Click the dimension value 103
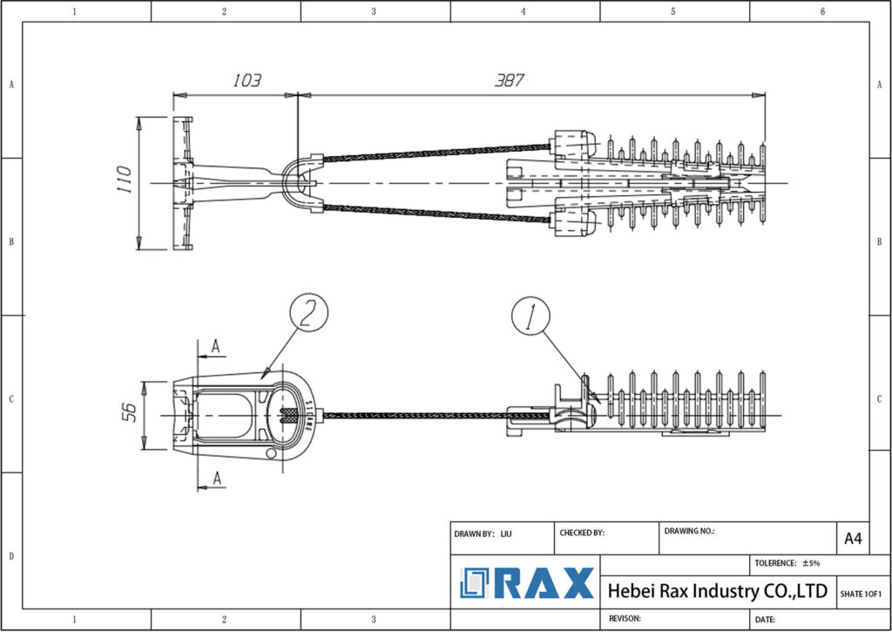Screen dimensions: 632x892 coord(247,81)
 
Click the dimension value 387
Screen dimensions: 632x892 coord(509,80)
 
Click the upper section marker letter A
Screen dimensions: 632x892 coord(216,346)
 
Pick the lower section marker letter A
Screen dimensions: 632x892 coord(216,478)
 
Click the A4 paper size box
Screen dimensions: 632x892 coord(853,539)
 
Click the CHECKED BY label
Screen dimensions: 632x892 coord(581,533)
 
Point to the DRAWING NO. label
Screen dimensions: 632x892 coord(689,530)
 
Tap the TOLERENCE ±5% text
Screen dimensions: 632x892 coord(787,563)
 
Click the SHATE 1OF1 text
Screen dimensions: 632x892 coord(861,594)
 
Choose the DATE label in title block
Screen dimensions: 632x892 coord(766,619)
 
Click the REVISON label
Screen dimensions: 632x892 coord(625,618)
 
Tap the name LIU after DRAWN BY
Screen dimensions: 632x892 coord(506,533)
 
